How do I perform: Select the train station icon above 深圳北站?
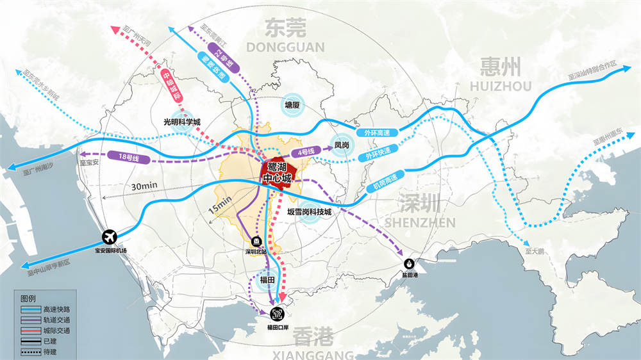(x=256, y=241)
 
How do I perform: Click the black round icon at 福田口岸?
(x=278, y=314)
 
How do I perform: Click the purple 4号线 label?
(x=304, y=152)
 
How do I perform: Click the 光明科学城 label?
(x=182, y=121)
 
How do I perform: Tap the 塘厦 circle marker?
(x=292, y=106)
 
